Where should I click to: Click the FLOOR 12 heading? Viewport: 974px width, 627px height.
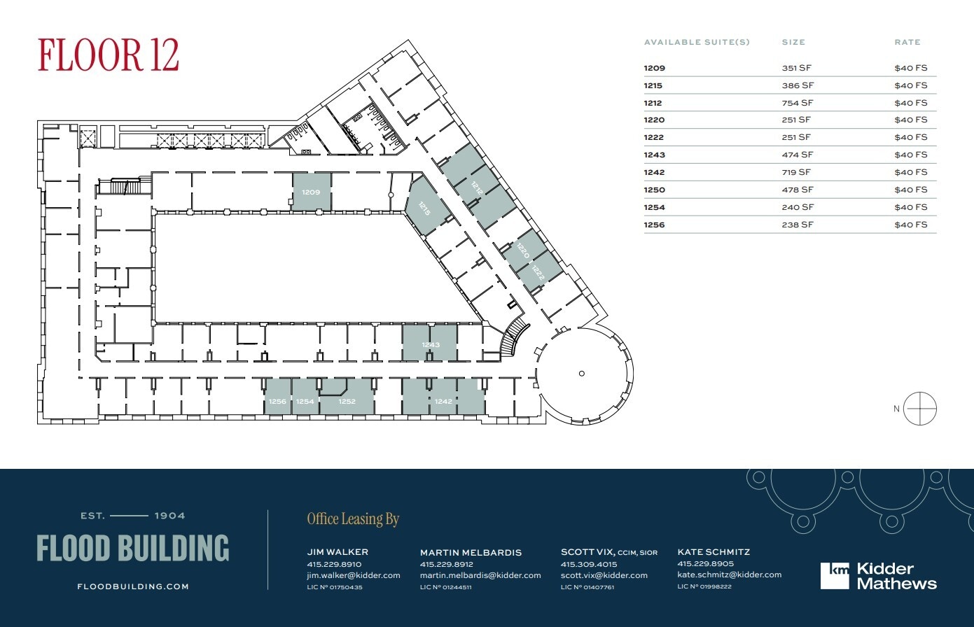pyautogui.click(x=109, y=55)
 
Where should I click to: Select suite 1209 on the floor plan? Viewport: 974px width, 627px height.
pyautogui.click(x=311, y=192)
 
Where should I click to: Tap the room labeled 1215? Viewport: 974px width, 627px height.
pyautogui.click(x=424, y=208)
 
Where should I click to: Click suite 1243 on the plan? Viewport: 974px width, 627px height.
pyautogui.click(x=430, y=344)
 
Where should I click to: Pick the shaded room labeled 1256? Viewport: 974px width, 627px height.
pyautogui.click(x=277, y=401)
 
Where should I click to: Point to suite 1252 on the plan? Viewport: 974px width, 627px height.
pyautogui.click(x=347, y=401)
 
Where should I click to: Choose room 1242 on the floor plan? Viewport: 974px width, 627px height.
pyautogui.click(x=443, y=401)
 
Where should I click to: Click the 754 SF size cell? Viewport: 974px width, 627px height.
pyautogui.click(x=797, y=103)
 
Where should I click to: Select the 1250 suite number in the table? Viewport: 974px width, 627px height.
pyautogui.click(x=654, y=190)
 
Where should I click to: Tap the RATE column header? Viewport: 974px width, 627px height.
pyautogui.click(x=907, y=42)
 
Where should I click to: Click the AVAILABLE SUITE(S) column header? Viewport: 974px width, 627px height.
pyautogui.click(x=696, y=42)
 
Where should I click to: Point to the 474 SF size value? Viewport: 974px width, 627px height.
pyautogui.click(x=797, y=155)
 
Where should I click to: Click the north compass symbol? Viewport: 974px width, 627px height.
pyautogui.click(x=919, y=409)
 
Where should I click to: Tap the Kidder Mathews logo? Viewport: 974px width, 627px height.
pyautogui.click(x=878, y=576)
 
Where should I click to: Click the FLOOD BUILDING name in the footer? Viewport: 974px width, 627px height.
pyautogui.click(x=132, y=549)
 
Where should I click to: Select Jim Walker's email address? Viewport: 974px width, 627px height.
pyautogui.click(x=353, y=575)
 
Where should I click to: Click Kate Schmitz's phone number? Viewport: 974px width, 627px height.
pyautogui.click(x=705, y=563)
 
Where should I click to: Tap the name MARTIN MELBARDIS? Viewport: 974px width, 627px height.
pyautogui.click(x=471, y=552)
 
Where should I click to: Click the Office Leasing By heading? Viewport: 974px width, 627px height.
pyautogui.click(x=352, y=519)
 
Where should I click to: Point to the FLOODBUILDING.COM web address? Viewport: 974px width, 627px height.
pyautogui.click(x=132, y=586)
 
